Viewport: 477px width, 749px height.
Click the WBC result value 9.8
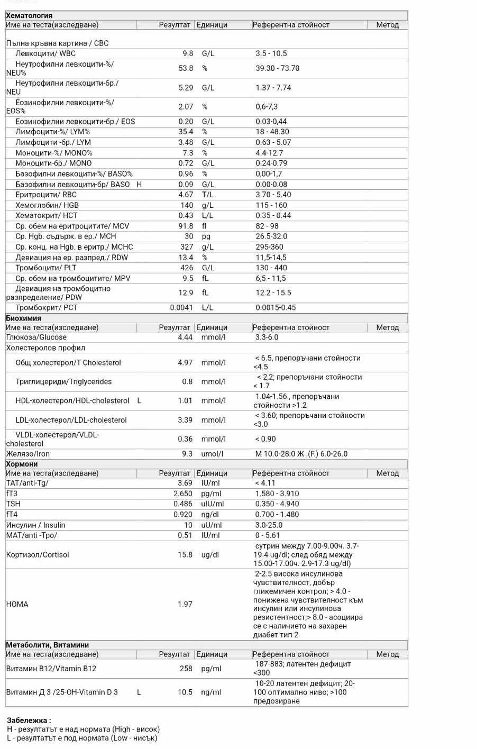(188, 53)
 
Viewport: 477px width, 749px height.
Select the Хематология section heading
(29, 16)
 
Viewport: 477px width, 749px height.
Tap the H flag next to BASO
(139, 185)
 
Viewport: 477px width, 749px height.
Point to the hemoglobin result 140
(187, 205)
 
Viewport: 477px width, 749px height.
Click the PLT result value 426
(187, 268)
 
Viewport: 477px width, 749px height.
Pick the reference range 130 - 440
(271, 268)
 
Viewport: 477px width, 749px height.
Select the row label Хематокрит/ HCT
(46, 216)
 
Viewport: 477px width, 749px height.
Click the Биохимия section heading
(23, 318)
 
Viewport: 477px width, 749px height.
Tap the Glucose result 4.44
(185, 337)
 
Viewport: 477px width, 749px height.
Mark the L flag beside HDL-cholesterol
(139, 401)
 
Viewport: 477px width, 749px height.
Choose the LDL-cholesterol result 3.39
(185, 420)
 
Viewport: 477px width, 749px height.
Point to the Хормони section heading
(22, 464)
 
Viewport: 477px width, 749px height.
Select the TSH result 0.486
(183, 504)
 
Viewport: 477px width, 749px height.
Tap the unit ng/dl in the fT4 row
(210, 515)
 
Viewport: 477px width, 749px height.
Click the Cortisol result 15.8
(185, 555)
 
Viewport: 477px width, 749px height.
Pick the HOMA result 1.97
(185, 604)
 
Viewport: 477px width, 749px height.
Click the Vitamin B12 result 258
(186, 669)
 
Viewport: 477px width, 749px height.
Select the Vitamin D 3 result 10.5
(185, 692)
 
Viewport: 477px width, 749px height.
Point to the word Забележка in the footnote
(28, 720)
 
